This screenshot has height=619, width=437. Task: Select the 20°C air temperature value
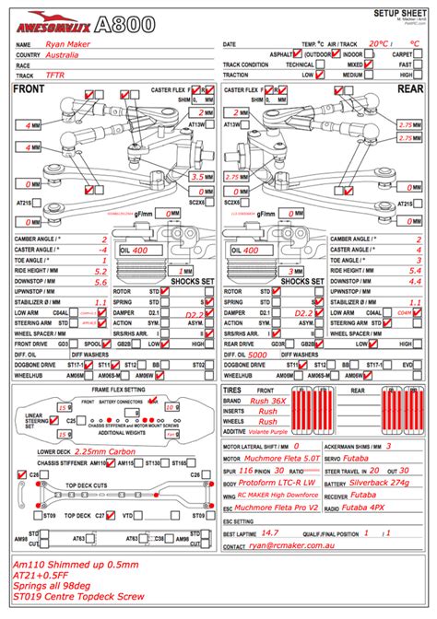377,42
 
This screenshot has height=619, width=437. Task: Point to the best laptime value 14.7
270,531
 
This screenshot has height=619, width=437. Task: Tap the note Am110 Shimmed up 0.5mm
71,564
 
